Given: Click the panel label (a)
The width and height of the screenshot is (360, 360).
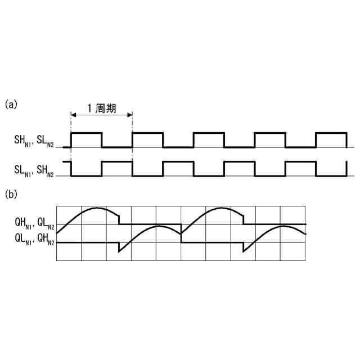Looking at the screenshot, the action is pos(11,104).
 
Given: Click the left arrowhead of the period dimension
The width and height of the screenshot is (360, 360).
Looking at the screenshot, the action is pos(73,115).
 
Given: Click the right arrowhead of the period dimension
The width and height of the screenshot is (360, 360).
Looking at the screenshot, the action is pos(130,115).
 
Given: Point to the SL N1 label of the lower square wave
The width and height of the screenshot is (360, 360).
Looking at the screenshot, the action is pos(24,168).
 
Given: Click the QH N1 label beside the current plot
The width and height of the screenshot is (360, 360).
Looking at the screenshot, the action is pos(24,223).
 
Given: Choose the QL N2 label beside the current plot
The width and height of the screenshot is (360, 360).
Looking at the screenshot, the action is pos(46,223).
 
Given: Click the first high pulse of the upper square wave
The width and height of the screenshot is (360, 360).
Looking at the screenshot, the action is pos(86,133).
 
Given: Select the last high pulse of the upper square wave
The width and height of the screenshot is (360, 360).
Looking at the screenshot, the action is pos(331,133).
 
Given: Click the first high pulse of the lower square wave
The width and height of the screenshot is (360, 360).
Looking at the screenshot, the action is pos(116,162).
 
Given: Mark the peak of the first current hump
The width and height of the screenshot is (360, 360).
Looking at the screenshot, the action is pos(94,208).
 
